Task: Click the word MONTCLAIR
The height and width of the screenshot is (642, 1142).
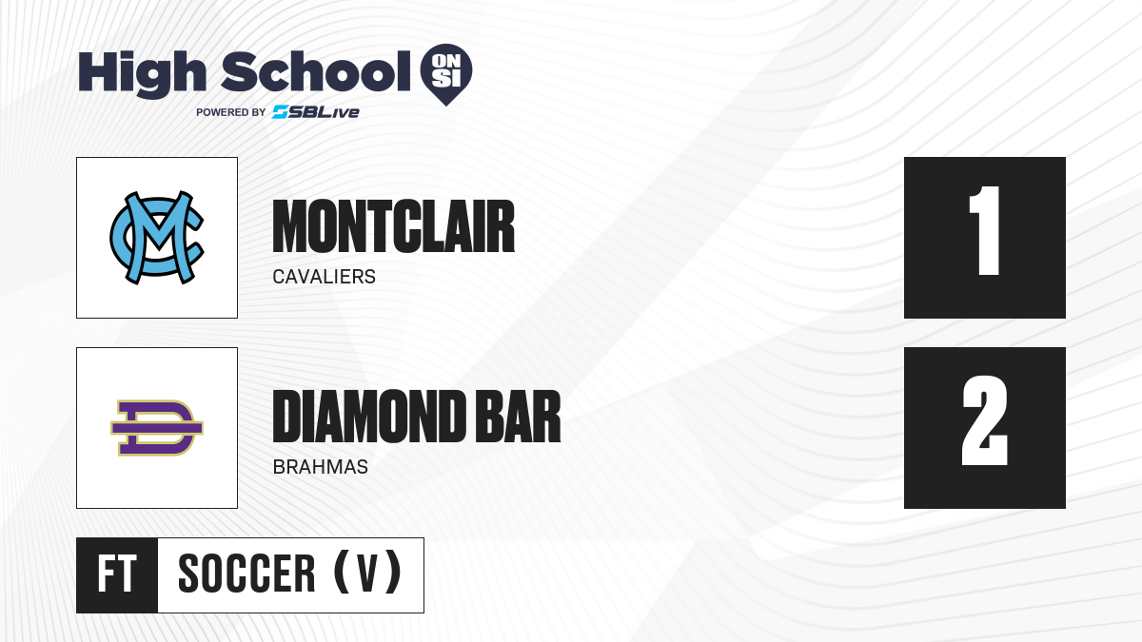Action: [394, 226]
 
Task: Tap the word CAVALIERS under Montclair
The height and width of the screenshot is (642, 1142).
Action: [325, 277]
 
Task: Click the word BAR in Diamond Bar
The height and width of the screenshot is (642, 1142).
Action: [518, 417]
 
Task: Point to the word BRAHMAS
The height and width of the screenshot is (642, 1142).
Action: [320, 467]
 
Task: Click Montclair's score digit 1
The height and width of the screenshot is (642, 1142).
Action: [984, 230]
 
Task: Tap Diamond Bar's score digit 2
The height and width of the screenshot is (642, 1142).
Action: [984, 420]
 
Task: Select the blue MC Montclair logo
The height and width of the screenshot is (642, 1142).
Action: [157, 238]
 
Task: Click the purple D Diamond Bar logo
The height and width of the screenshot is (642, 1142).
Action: [157, 428]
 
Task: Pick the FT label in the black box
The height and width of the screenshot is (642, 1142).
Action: [117, 574]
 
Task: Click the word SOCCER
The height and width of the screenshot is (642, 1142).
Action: [246, 574]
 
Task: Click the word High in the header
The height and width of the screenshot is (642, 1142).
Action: [142, 73]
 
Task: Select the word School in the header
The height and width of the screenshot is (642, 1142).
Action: [316, 71]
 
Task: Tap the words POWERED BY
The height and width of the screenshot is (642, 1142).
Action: [231, 112]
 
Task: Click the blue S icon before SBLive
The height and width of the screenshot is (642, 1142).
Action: [280, 112]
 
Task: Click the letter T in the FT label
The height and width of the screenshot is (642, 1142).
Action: [128, 574]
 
